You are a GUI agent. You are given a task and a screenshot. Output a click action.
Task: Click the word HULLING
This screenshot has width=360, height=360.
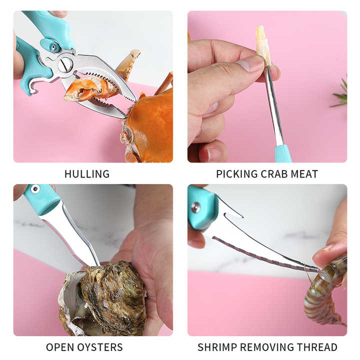(87, 174)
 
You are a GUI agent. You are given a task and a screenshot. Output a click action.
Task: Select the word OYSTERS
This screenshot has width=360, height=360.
(100, 347)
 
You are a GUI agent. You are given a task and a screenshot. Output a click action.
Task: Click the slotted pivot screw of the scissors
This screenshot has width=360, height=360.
(65, 64)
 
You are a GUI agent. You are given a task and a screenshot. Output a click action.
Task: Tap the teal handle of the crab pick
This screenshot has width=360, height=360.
(283, 153)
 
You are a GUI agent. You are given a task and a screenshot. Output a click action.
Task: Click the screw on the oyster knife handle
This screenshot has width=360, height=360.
(35, 189)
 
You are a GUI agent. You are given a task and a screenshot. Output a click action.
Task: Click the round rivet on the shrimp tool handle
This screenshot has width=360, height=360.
(195, 207)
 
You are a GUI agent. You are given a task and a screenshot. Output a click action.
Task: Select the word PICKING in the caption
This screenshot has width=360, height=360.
(237, 174)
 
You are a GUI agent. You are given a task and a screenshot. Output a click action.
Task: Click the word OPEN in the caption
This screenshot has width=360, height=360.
(60, 347)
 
